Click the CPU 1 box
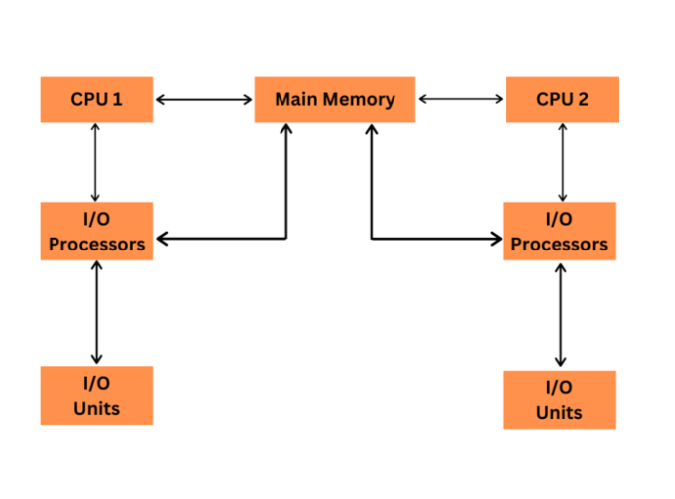pos(96,99)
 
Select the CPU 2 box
pos(562,99)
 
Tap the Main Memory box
pos(334,99)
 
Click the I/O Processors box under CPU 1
pos(96,231)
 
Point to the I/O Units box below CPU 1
pos(96,395)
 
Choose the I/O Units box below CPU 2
pos(559,400)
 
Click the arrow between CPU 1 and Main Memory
pos(204,99)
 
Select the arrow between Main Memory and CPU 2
pos(461,99)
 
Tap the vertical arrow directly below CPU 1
pos(96,162)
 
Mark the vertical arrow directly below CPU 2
pos(563,161)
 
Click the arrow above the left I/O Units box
pos(96,313)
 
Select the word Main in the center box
pos(295,99)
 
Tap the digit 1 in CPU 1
pos(117,99)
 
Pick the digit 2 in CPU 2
pos(584,99)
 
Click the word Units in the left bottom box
pos(96,407)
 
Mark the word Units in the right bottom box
pos(559,412)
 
